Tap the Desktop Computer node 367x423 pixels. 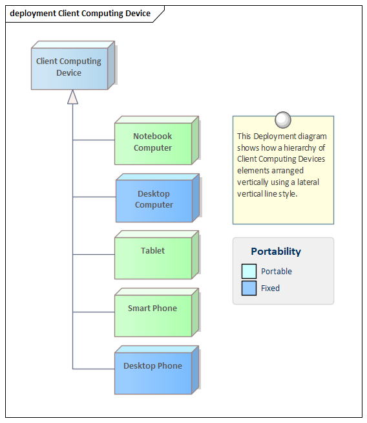tap(158, 198)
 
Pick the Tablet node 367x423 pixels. tap(156, 255)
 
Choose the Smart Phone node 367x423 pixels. tap(156, 312)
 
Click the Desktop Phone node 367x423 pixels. tap(156, 370)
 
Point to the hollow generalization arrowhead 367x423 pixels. tap(73, 97)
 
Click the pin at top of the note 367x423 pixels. tap(283, 120)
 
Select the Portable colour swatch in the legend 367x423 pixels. tap(249, 271)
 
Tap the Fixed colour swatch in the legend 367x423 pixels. tap(249, 288)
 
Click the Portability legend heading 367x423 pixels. tap(276, 252)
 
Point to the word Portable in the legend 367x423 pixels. tap(277, 271)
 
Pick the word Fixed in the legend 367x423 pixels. tap(270, 288)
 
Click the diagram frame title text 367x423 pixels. tap(80, 13)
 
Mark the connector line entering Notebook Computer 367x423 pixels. tap(94, 140)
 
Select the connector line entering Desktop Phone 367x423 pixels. tap(94, 369)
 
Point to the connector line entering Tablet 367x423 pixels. tap(94, 254)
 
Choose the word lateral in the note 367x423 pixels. tap(308, 182)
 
